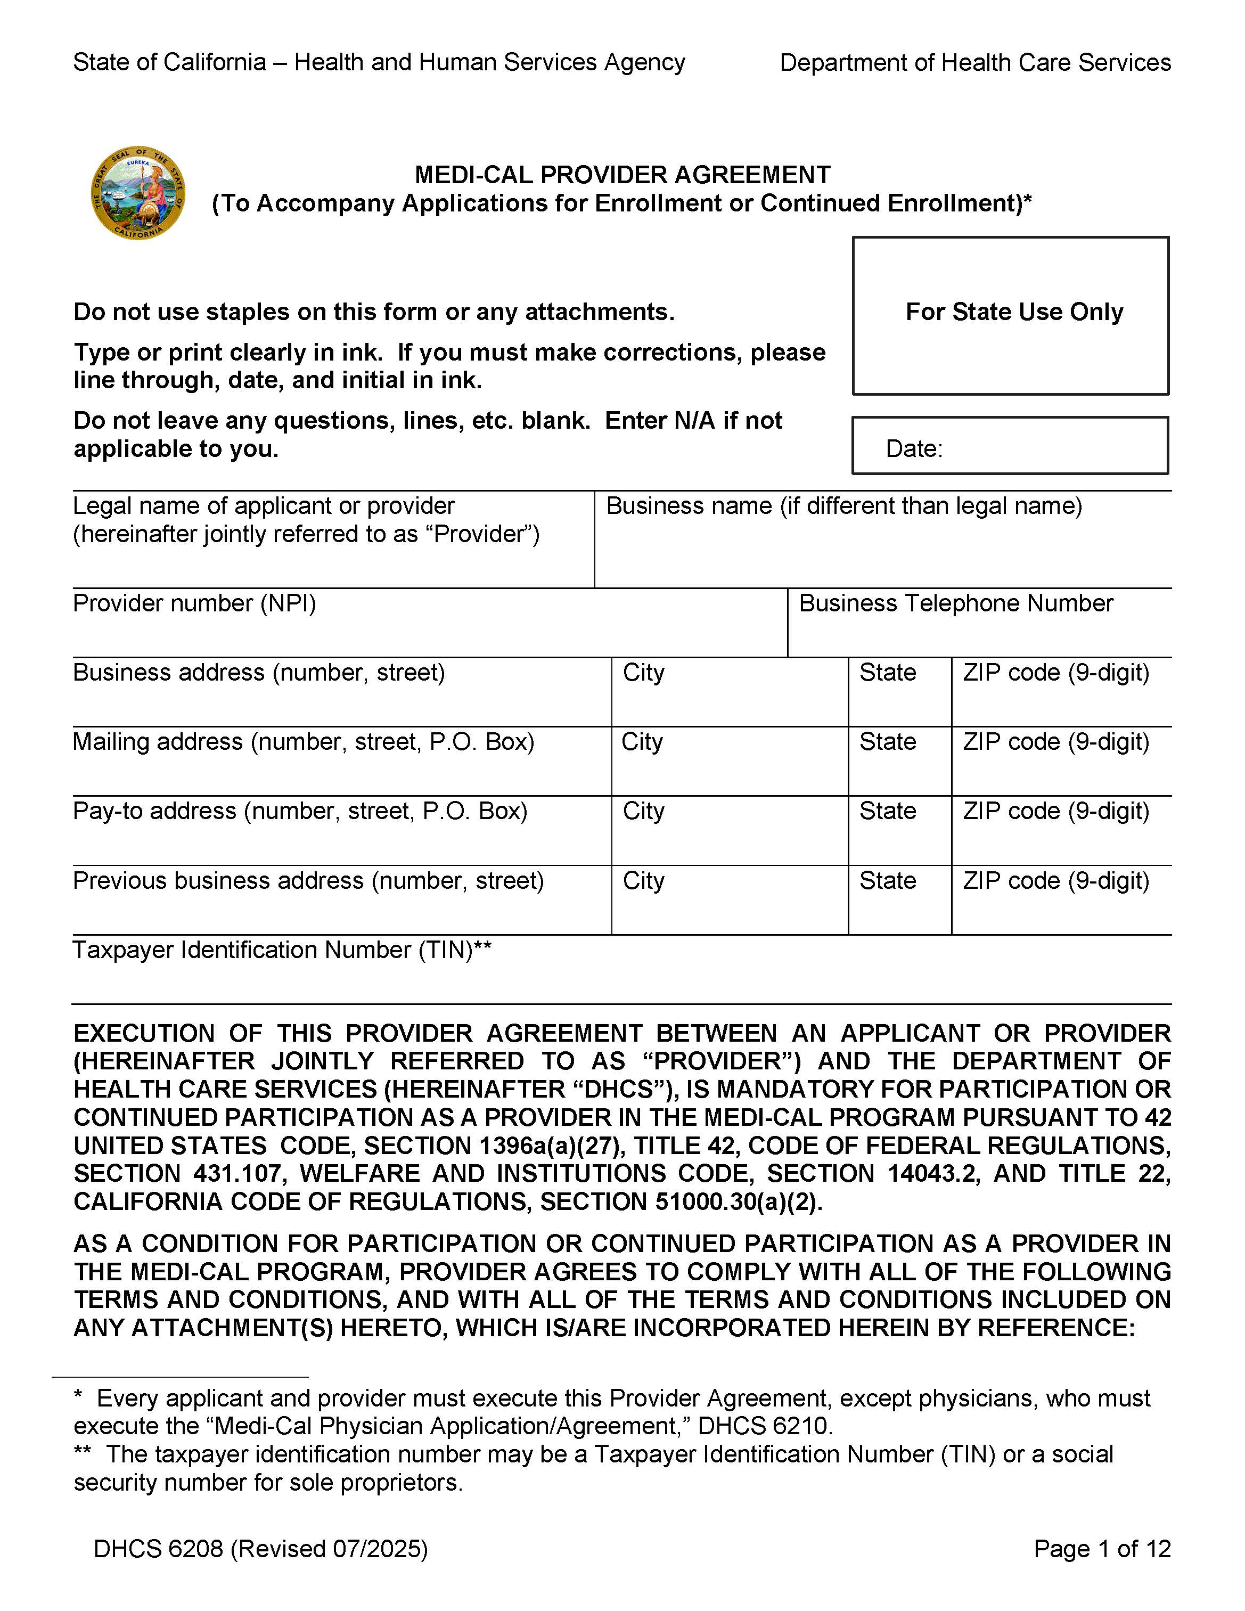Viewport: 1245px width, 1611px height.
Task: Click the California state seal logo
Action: pyautogui.click(x=138, y=193)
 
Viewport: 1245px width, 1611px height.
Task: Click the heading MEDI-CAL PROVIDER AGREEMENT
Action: pyautogui.click(x=622, y=175)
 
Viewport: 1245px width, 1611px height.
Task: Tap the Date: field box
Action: pyautogui.click(x=1011, y=446)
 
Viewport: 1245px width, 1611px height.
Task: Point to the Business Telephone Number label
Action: pyautogui.click(x=955, y=603)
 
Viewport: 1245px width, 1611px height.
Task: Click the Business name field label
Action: pyautogui.click(x=844, y=506)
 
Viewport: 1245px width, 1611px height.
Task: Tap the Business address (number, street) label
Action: pyautogui.click(x=259, y=673)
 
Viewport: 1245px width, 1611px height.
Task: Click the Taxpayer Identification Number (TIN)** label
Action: pyautogui.click(x=282, y=950)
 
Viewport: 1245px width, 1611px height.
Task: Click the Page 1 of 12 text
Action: pyautogui.click(x=1102, y=1548)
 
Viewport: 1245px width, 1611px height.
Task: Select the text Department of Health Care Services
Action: pyautogui.click(x=975, y=63)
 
